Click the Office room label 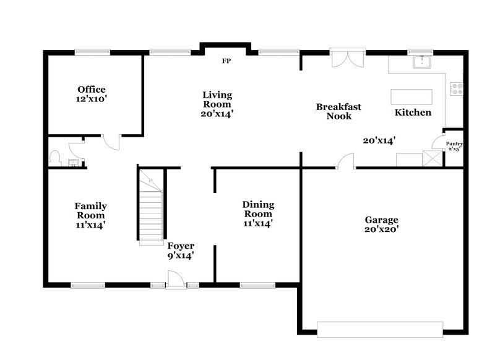pyautogui.click(x=92, y=93)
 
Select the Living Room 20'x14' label pyautogui.click(x=217, y=104)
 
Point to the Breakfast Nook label pyautogui.click(x=338, y=111)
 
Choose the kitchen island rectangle pyautogui.click(x=411, y=98)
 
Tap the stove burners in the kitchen pyautogui.click(x=457, y=89)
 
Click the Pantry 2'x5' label pyautogui.click(x=455, y=146)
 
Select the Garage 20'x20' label pyautogui.click(x=381, y=224)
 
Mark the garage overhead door pyautogui.click(x=380, y=329)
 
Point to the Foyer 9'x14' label pyautogui.click(x=181, y=250)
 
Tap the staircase pyautogui.click(x=150, y=210)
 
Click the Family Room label pyautogui.click(x=91, y=215)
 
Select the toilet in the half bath pyautogui.click(x=54, y=157)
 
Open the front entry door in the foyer pyautogui.click(x=176, y=282)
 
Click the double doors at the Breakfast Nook pyautogui.click(x=344, y=58)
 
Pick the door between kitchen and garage pyautogui.click(x=345, y=162)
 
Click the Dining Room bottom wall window pyautogui.click(x=257, y=285)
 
